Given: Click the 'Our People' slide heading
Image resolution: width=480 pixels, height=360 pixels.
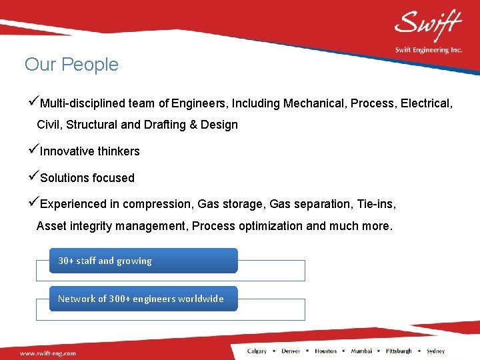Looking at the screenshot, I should (x=71, y=65).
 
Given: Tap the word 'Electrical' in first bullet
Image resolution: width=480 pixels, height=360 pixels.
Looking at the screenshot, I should (x=426, y=103).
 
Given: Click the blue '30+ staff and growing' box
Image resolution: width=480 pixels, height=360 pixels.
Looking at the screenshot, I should (x=143, y=261).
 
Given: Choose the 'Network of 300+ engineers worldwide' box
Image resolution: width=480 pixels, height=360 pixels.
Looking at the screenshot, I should (x=143, y=299).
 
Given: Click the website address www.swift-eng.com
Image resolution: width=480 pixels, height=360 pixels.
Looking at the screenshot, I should (x=47, y=353).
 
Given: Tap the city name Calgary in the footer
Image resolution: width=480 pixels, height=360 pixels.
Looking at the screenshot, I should (x=257, y=351).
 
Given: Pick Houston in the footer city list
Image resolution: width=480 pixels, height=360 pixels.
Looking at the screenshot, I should (x=325, y=351).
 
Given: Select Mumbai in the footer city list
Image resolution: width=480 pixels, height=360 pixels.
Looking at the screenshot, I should (x=361, y=351).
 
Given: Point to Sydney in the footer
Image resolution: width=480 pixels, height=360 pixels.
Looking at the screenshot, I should (x=435, y=351).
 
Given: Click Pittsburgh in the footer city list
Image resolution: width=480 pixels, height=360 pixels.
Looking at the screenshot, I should (x=398, y=351).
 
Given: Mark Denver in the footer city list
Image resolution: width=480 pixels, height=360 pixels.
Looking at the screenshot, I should (x=291, y=351).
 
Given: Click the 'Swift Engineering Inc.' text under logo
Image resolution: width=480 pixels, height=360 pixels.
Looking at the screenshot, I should (x=428, y=50).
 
